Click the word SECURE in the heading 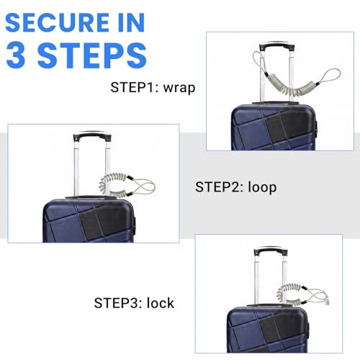(57, 22)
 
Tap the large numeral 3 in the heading (16, 55)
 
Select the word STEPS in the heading (92, 55)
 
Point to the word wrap (179, 88)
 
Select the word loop (262, 187)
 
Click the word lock (161, 303)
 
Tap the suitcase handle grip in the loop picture (92, 135)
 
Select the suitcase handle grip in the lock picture (271, 250)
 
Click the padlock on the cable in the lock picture (328, 302)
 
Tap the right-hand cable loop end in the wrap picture (333, 72)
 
